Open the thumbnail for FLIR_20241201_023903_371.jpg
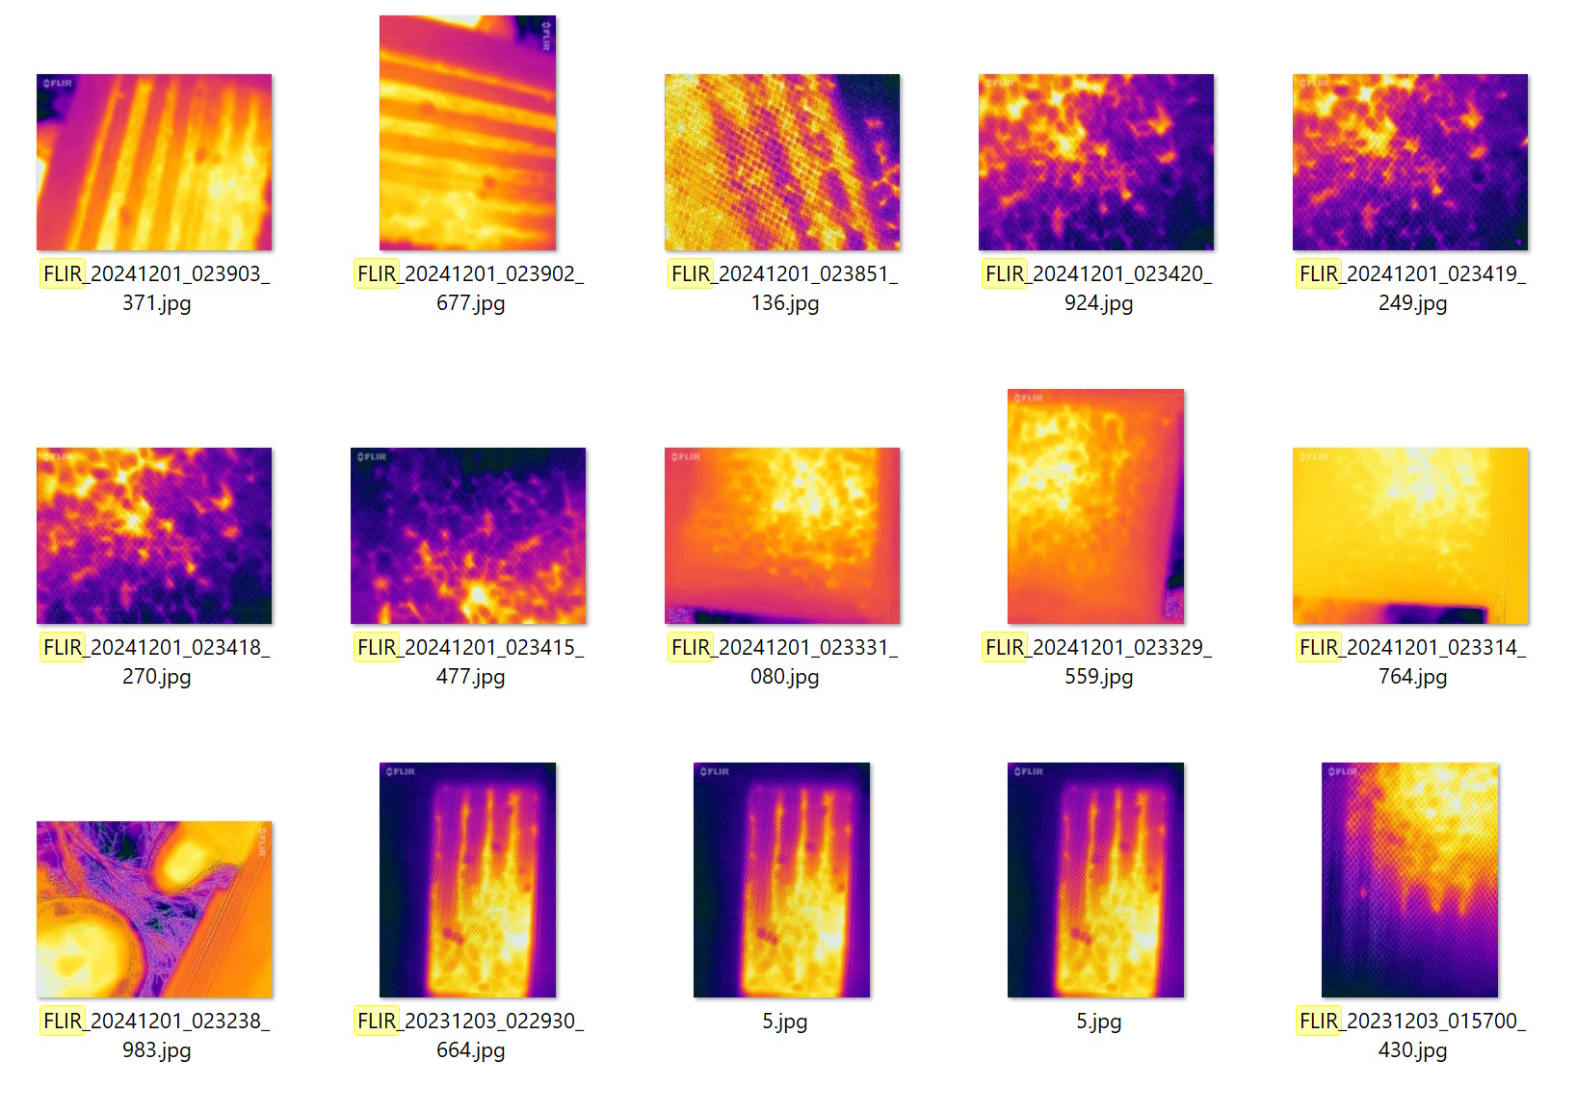[x=154, y=162]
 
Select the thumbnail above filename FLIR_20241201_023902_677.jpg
[x=467, y=133]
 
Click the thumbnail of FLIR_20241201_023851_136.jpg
[x=782, y=162]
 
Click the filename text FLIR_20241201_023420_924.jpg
[x=1097, y=288]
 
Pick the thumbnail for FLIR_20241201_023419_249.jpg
[x=1410, y=162]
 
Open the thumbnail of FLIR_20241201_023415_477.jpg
[x=468, y=535]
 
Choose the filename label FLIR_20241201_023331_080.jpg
[x=784, y=661]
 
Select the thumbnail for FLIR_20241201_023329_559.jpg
[x=1095, y=506]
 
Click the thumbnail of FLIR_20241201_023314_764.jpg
[x=1410, y=535]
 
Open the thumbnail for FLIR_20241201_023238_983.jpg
[x=154, y=909]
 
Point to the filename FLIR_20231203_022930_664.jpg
[x=470, y=1035]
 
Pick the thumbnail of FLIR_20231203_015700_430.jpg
[x=1409, y=880]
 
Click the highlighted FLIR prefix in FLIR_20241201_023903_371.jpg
[x=63, y=274]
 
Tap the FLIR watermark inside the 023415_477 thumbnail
[x=372, y=457]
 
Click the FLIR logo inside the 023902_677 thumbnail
[x=546, y=36]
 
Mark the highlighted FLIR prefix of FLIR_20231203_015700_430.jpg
[x=1319, y=1022]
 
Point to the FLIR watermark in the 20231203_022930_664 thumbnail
[x=401, y=772]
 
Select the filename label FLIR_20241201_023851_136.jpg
[x=784, y=288]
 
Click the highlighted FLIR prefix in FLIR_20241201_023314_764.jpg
[x=1319, y=648]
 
